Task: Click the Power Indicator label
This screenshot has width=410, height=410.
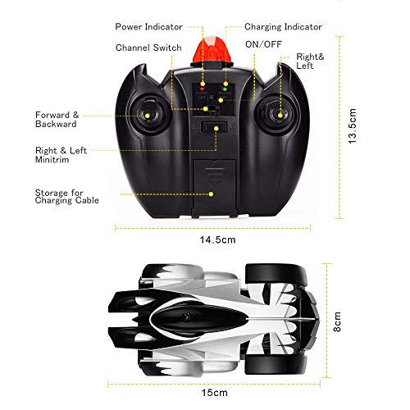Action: (148, 27)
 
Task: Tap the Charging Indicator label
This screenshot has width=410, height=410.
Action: (283, 27)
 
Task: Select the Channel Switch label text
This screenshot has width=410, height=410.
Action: (148, 48)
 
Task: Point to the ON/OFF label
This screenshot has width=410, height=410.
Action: (263, 44)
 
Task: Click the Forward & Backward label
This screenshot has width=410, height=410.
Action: (57, 120)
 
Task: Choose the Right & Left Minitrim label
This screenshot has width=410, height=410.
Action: (61, 155)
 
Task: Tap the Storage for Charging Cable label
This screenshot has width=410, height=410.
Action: (66, 197)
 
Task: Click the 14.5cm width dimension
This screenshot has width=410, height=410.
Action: (217, 239)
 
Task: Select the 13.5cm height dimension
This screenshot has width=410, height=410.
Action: (353, 126)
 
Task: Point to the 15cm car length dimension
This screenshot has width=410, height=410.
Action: (215, 393)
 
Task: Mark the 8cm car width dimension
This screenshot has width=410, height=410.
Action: (337, 321)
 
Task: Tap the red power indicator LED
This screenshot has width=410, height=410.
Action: (202, 89)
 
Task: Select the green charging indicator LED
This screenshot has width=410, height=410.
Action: (225, 89)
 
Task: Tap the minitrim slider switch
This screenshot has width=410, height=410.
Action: (214, 128)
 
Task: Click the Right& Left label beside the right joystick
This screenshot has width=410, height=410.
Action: (310, 61)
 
